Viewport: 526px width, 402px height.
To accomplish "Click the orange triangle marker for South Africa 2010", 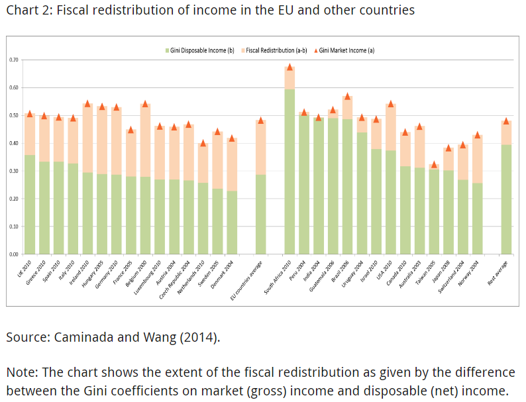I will click(x=289, y=67).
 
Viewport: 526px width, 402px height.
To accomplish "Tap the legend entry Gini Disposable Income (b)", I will click(x=203, y=50).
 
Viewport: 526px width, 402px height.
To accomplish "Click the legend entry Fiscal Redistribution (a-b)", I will click(x=276, y=50).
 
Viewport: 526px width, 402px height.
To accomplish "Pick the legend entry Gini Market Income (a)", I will click(x=345, y=50).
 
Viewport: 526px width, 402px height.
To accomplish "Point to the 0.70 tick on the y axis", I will click(x=14, y=60).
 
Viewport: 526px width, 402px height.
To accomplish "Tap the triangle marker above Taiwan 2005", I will click(x=434, y=164).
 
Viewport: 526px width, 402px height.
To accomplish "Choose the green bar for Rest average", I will click(x=506, y=199).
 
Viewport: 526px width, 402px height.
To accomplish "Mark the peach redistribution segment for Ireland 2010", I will click(x=87, y=139).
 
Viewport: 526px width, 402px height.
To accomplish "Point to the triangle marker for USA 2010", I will click(x=391, y=103).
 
